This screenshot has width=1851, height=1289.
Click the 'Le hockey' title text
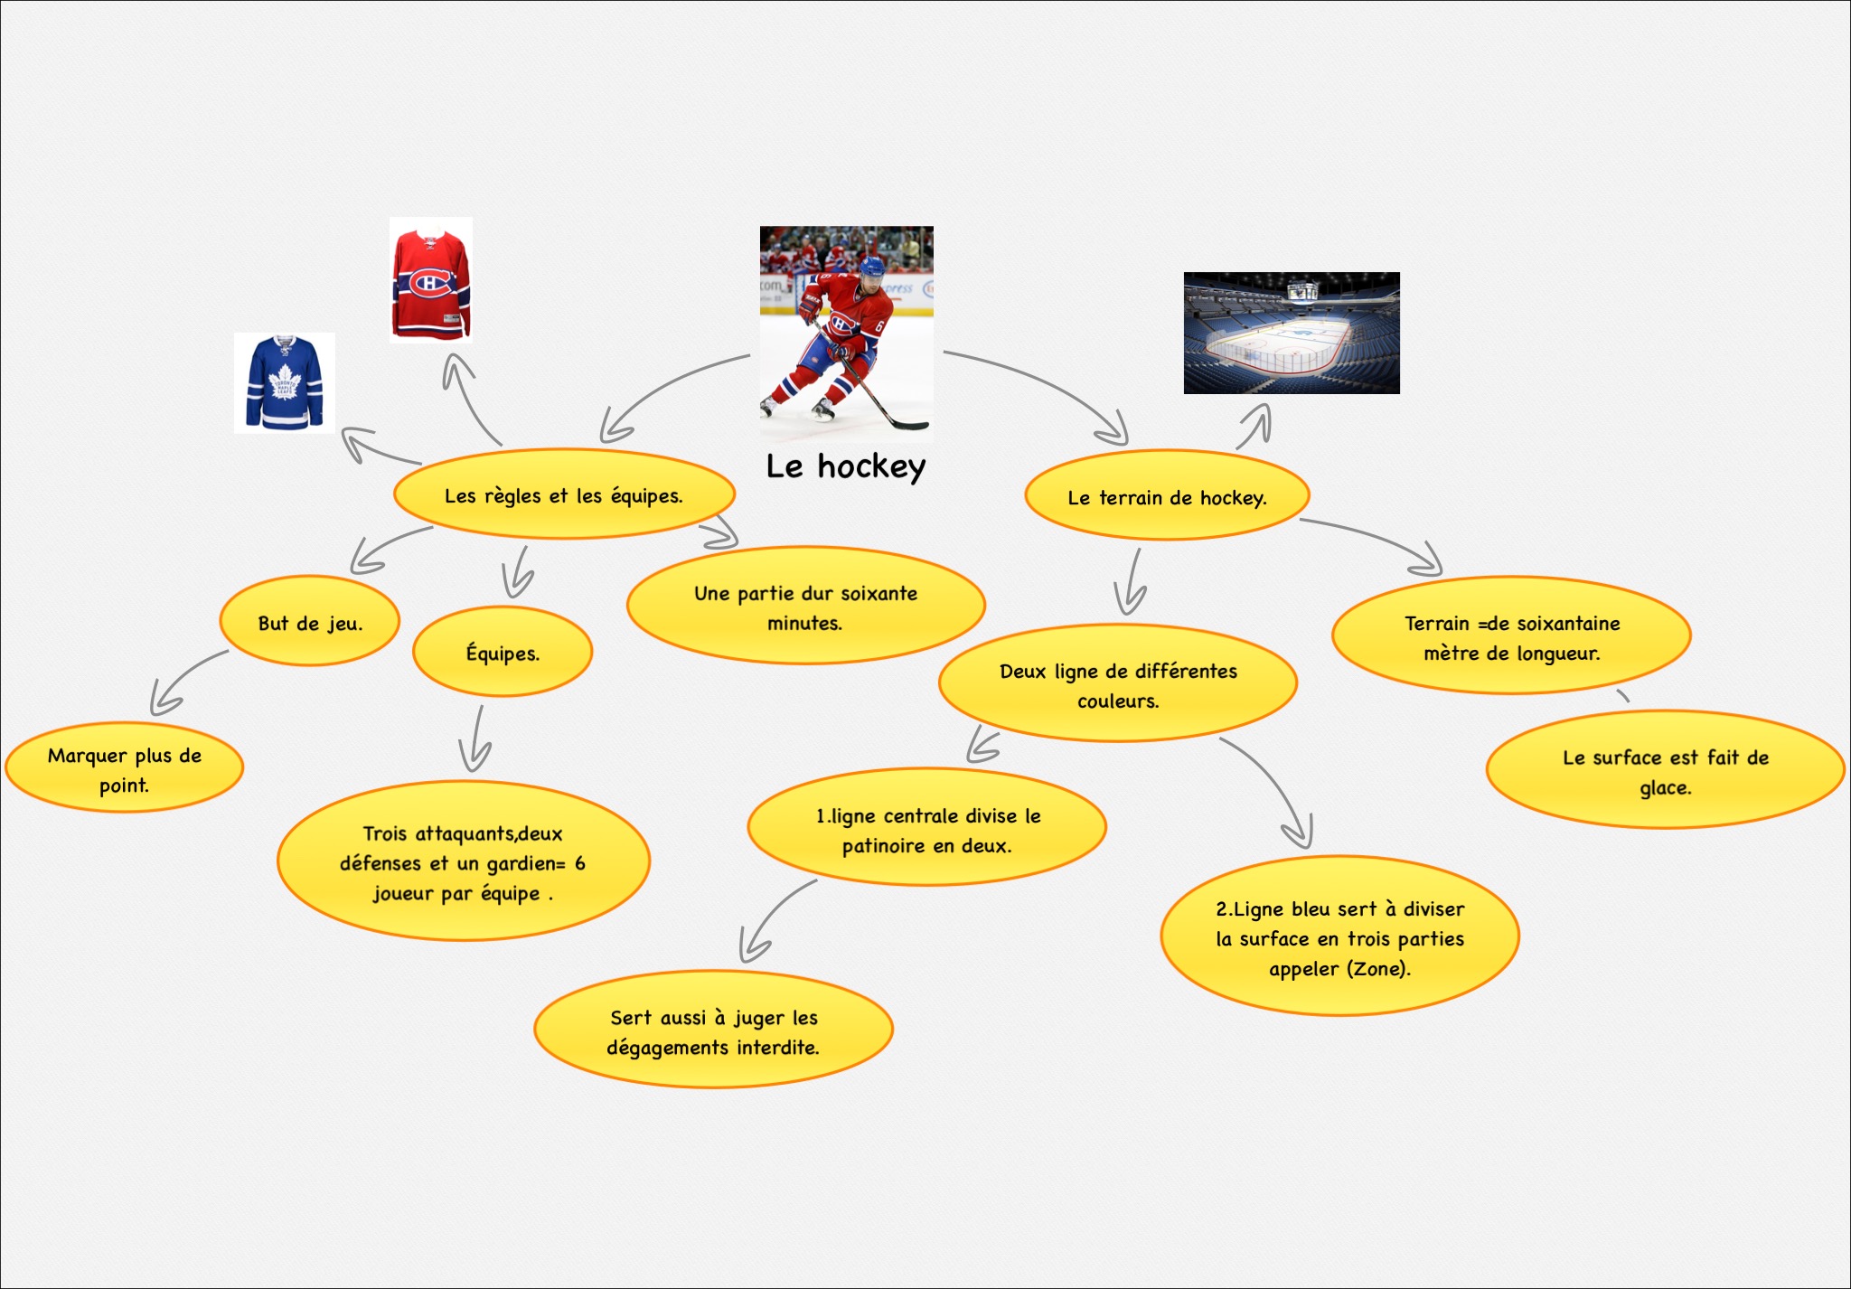coord(846,466)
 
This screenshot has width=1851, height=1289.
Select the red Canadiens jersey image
coord(431,279)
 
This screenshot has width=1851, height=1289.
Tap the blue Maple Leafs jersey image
coord(285,383)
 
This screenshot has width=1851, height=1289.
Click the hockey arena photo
coord(1292,333)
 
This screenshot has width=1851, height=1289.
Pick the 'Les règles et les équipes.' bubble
coord(564,494)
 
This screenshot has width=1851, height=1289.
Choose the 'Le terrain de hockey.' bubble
coord(1167,496)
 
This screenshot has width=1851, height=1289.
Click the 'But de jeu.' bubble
coord(310,622)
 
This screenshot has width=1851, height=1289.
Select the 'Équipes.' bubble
coord(503,652)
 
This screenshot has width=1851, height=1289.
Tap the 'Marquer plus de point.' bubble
coord(125,767)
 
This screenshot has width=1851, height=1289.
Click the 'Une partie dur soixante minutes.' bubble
coord(805,607)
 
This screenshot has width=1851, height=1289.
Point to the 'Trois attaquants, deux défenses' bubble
coord(464,861)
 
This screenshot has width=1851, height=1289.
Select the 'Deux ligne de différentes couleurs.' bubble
coord(1118,684)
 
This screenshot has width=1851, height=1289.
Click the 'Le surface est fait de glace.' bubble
coord(1665,770)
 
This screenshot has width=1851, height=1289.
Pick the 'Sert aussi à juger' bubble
coord(713,1030)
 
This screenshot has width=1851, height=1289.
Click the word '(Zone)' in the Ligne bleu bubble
coord(1378,968)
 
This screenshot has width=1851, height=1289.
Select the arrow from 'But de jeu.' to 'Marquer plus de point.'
coord(185,679)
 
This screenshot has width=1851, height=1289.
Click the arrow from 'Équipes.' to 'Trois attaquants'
coord(475,739)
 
